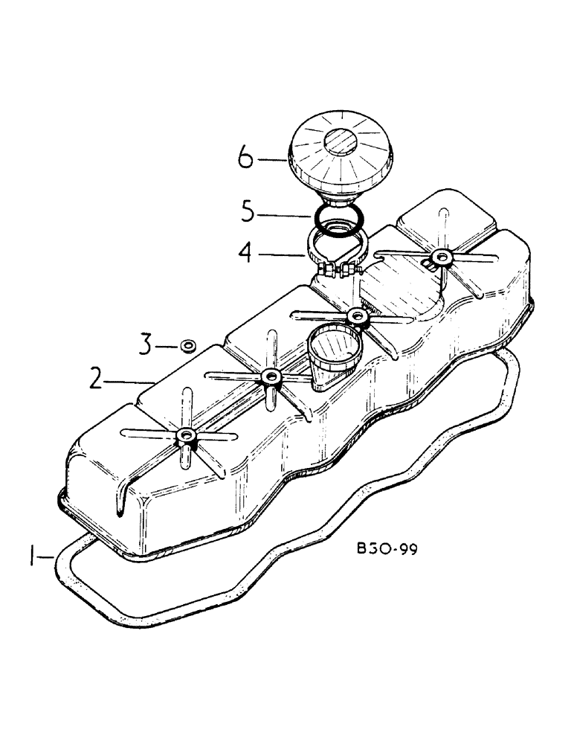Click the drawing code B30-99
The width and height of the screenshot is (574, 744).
387,551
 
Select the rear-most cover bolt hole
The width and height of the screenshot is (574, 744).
443,257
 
